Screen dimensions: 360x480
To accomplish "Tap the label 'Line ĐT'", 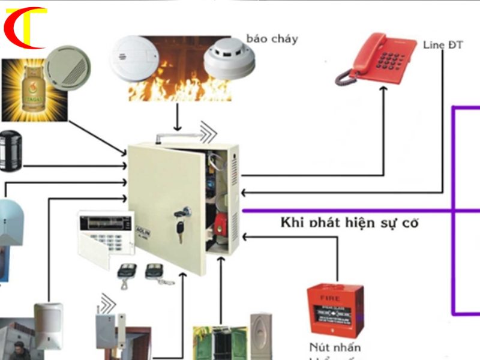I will point(443,46).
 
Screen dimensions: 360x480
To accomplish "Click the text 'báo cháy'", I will point(272,40).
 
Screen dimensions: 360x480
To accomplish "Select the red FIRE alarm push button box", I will point(334,310).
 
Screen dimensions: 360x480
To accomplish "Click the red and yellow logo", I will point(24,27).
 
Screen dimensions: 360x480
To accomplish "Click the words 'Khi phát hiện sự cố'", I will point(349,223).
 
